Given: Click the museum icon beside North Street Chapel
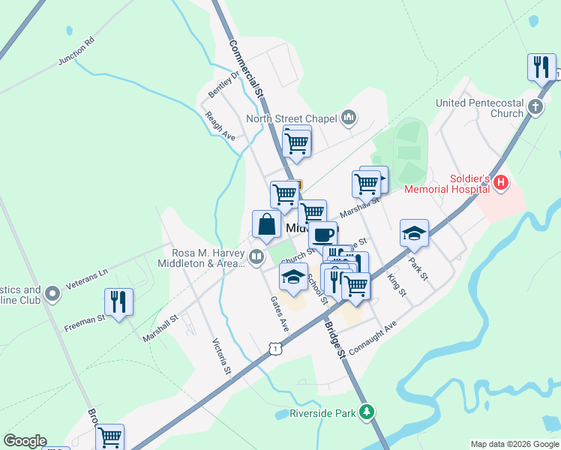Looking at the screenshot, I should [348, 118].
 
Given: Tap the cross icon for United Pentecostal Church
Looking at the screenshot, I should [535, 106].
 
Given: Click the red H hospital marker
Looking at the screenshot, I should [501, 182].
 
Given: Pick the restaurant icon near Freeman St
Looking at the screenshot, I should [118, 301].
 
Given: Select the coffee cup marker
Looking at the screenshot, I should [322, 234].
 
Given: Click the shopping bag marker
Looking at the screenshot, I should [267, 223].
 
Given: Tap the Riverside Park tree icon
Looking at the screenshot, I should [366, 412].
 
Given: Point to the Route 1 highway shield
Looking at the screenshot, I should [276, 349].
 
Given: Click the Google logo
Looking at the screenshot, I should [25, 441].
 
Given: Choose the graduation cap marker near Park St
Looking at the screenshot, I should [413, 233].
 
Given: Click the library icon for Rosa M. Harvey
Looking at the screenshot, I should [256, 258].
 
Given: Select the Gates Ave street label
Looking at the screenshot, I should [279, 313].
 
